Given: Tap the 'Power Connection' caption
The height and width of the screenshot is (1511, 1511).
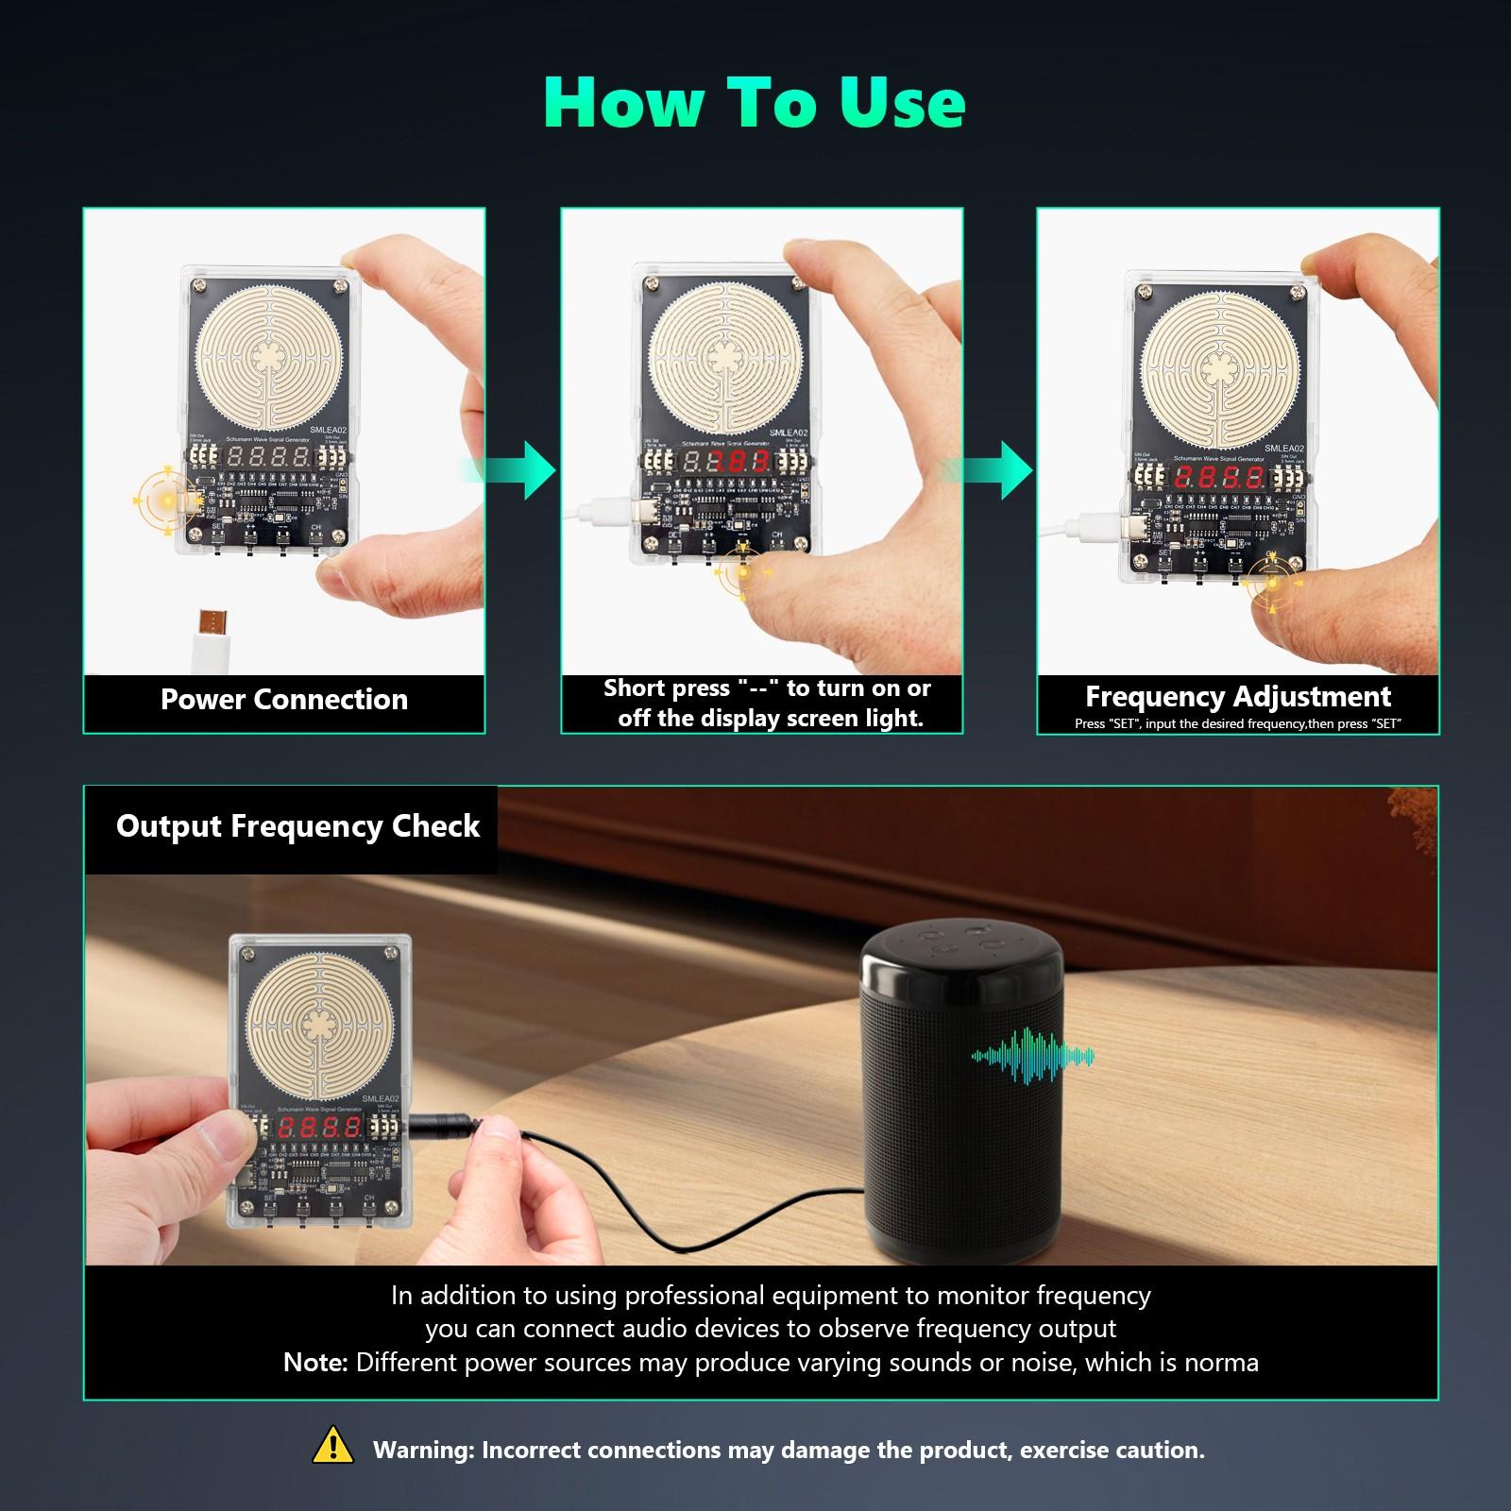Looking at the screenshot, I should (x=284, y=700).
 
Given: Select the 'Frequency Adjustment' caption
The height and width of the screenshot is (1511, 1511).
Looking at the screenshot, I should (x=1237, y=697).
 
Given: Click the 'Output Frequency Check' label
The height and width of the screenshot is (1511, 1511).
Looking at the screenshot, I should (x=297, y=826).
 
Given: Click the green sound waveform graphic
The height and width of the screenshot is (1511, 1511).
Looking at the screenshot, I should (x=1033, y=1055).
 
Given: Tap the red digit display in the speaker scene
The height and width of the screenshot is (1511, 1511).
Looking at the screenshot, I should (x=320, y=1127).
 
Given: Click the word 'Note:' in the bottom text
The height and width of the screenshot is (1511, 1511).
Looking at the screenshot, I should (x=315, y=1363).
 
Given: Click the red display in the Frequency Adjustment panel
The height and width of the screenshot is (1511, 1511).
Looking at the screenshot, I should (x=1219, y=477).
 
